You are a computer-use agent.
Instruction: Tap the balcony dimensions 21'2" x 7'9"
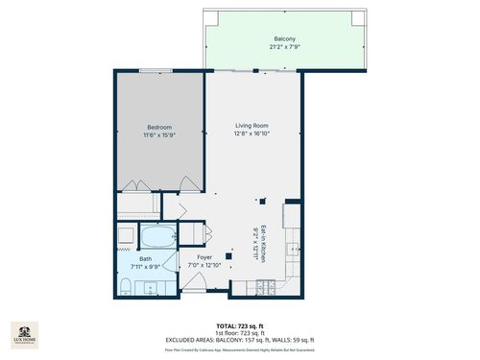tap(284, 47)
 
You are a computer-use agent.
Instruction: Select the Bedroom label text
tap(159, 127)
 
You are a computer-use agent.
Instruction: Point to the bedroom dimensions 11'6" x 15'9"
tap(159, 134)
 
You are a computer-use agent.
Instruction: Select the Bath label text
tap(145, 257)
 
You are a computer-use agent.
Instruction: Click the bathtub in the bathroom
tap(156, 236)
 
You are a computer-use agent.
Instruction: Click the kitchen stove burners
tap(267, 285)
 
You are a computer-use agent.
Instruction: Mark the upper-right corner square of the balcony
tap(358, 18)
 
